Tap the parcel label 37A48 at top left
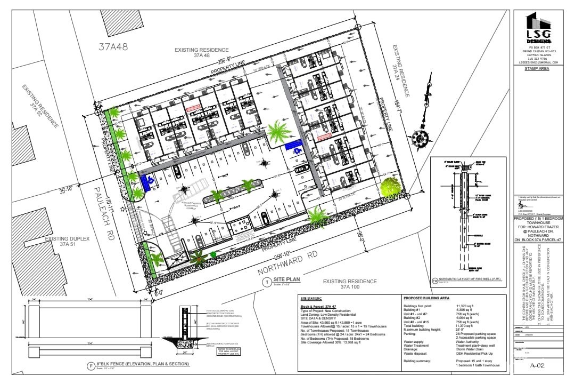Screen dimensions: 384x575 click(113, 46)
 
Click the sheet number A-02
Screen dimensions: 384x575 click(540, 365)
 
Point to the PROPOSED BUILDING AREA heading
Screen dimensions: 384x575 click(426, 298)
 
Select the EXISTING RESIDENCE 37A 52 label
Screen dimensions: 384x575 click(39, 107)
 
